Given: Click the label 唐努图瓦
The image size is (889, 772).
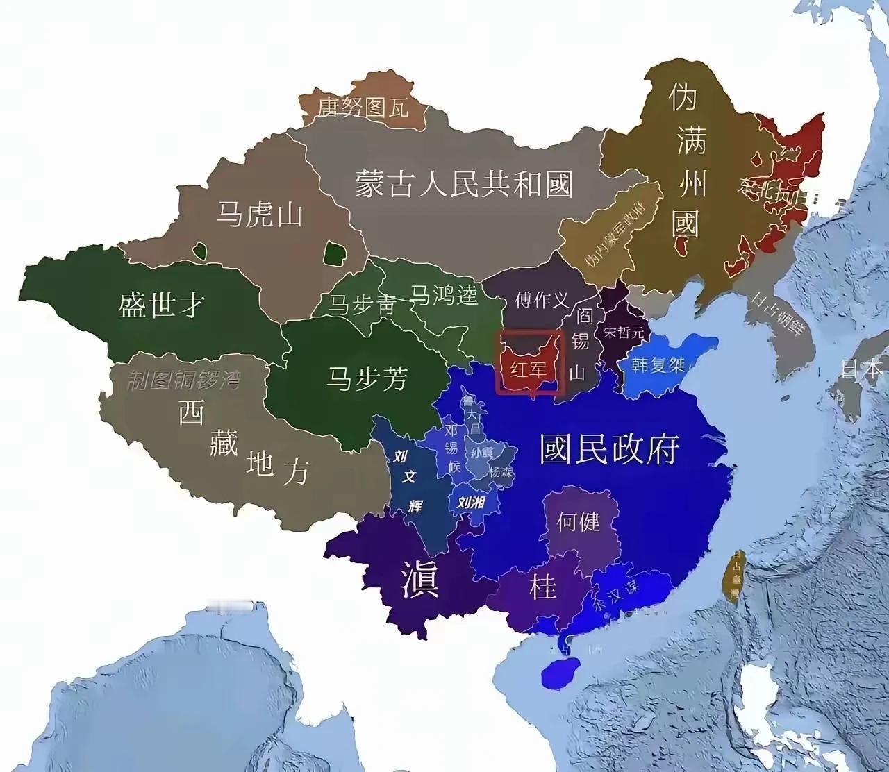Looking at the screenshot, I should (363, 107).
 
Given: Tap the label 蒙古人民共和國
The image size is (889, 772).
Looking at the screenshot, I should (463, 185).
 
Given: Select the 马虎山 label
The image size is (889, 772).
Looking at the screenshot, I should (258, 214).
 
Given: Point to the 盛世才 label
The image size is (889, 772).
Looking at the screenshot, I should (161, 304).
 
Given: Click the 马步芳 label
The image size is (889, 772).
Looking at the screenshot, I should (367, 379).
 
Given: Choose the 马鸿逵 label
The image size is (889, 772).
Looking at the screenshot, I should (444, 295).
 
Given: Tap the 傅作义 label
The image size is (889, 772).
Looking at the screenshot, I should (542, 300).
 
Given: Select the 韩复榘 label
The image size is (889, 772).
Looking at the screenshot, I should (658, 364).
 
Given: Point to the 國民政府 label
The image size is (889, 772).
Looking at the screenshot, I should (609, 450).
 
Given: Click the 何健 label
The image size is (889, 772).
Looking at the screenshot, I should (578, 521).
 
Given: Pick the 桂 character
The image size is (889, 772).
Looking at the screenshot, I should (542, 587).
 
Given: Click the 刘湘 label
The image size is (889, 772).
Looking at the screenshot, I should (469, 501).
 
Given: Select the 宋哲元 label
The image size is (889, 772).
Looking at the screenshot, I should (624, 333).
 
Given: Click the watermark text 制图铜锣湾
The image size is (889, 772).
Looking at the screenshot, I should (183, 380).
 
